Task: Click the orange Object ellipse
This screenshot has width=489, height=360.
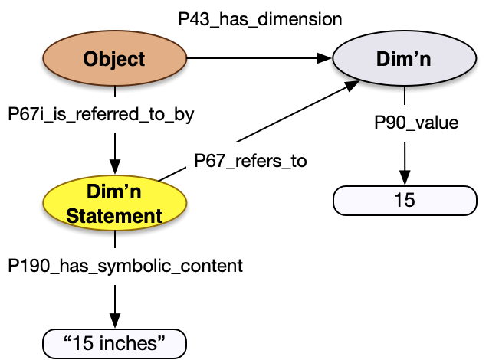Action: click(114, 59)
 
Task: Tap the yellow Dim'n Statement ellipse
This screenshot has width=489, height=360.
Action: click(114, 205)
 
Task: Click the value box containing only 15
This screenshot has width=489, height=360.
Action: click(404, 201)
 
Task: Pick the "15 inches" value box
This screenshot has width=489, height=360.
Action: click(114, 342)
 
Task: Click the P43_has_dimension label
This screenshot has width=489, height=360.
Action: click(260, 19)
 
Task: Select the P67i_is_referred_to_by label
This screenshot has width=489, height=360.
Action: click(100, 114)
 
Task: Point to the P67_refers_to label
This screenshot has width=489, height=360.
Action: click(251, 161)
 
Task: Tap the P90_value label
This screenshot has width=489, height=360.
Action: click(416, 123)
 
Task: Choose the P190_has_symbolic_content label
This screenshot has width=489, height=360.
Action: click(125, 266)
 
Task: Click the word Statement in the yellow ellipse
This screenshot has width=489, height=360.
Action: click(114, 216)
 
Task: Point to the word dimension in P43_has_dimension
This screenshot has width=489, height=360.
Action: click(301, 19)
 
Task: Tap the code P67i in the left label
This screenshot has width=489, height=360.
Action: click(25, 114)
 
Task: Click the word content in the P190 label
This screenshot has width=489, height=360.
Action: click(210, 266)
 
